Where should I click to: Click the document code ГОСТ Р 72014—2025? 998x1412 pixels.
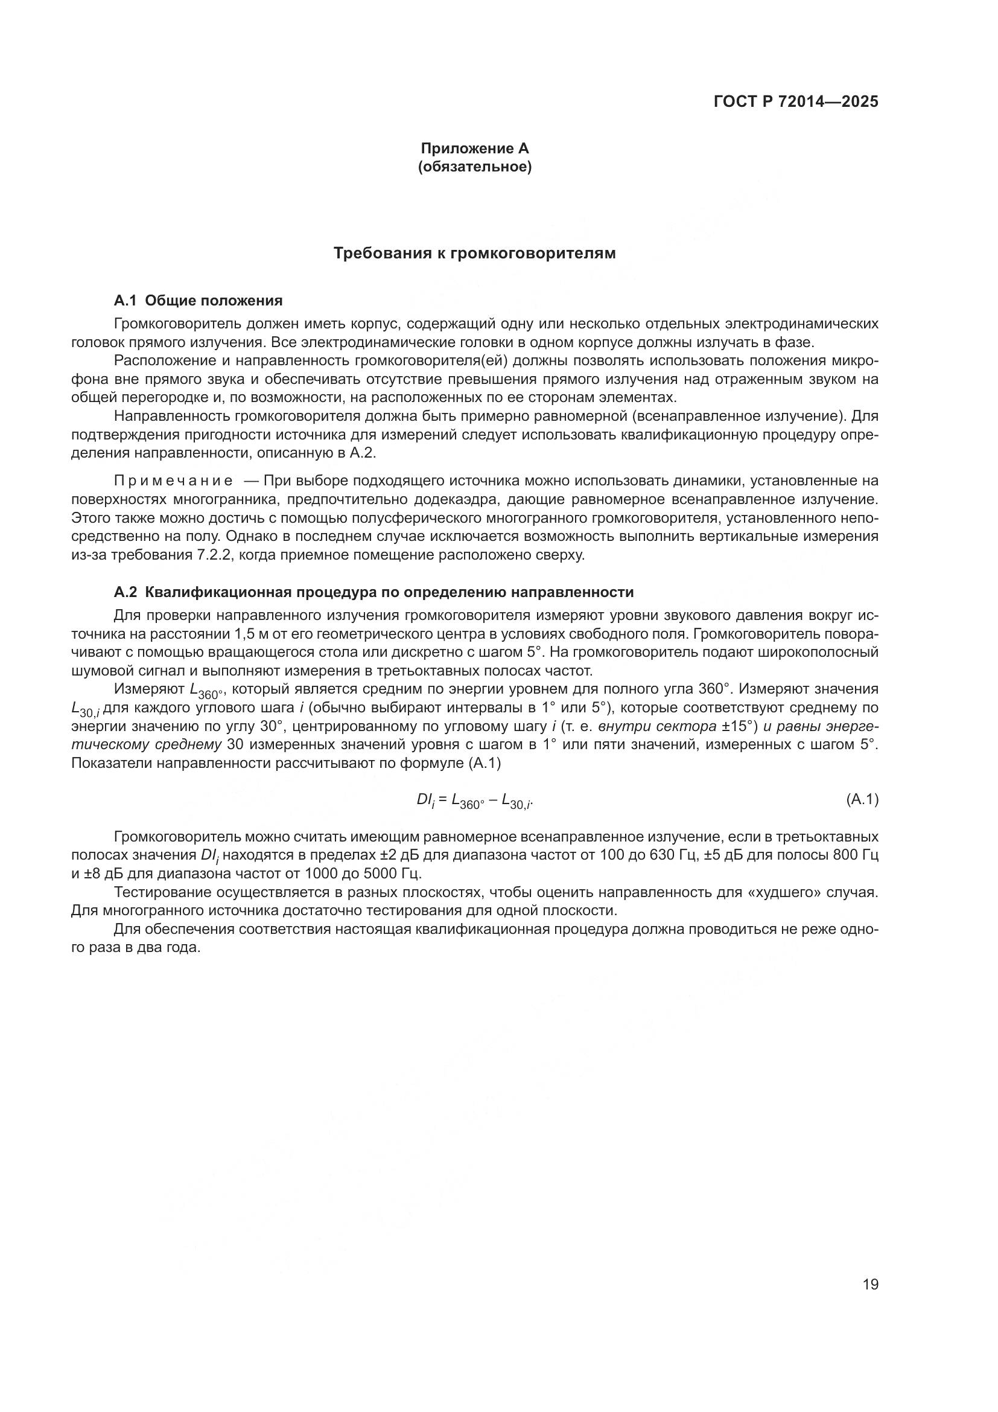click(x=796, y=102)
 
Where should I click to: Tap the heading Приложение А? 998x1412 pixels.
click(x=474, y=149)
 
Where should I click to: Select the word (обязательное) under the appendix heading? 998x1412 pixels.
click(x=474, y=167)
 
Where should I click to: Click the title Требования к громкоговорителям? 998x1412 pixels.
click(x=474, y=253)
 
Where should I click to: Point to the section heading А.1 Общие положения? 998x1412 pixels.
click(x=198, y=301)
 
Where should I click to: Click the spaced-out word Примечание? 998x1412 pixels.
click(x=173, y=481)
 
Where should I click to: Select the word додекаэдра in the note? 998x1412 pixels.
click(x=457, y=499)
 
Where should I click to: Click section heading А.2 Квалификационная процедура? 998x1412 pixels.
click(x=373, y=592)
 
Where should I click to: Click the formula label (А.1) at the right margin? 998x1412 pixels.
click(x=862, y=799)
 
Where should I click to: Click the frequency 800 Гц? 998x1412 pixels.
click(x=855, y=855)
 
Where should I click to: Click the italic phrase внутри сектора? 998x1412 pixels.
click(x=657, y=726)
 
